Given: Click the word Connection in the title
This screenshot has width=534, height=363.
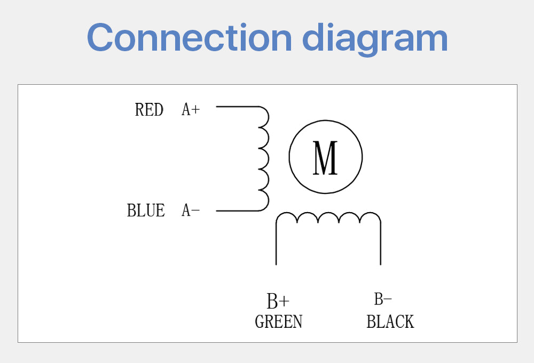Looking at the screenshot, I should coord(189,37).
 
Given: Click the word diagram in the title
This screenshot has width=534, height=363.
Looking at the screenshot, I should coord(375,38).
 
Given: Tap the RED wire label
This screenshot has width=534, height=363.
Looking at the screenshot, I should coord(149,110).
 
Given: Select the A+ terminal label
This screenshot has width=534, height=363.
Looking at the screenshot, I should coord(191,110).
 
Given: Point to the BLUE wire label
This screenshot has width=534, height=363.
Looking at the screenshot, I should coord(146,211).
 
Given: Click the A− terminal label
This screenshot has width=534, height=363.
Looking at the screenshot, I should coord(191,211).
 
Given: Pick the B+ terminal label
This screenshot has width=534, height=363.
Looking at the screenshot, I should coord(278,301).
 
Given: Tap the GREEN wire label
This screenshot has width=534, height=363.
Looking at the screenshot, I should coord(279,322).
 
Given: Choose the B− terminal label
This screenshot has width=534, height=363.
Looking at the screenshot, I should coord(383,300).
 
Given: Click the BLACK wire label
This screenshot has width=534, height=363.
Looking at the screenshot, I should coord(390,322).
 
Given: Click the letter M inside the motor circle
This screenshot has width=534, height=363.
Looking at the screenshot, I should coord(325,158).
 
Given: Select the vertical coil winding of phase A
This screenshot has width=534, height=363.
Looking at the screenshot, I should coord(263,158).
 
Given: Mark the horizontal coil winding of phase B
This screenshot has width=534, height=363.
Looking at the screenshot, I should coord(328,218).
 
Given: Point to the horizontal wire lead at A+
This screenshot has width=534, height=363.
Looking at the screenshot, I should coord(237,107).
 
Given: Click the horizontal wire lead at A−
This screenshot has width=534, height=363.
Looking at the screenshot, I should coord(237,211).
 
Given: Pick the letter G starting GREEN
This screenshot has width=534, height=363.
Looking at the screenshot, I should coord(260,322).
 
